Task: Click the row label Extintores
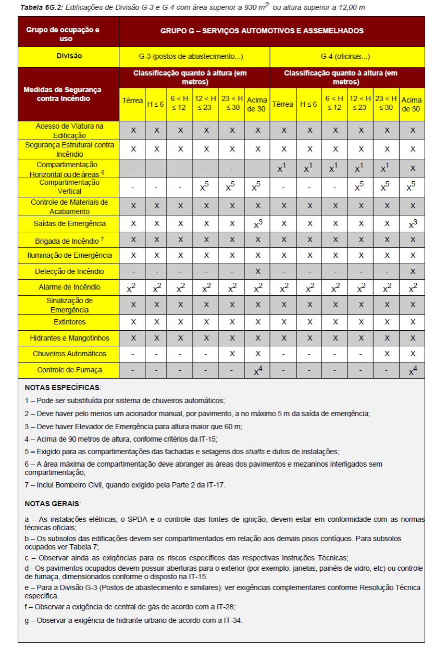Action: point(69,322)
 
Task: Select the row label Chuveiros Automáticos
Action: point(69,354)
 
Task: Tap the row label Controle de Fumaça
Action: point(69,370)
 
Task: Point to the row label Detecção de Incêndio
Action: point(69,271)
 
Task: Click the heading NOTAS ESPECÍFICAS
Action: point(63,387)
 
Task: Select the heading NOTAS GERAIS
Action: point(53,504)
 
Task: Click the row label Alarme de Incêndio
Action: point(69,287)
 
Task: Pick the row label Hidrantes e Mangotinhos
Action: point(69,338)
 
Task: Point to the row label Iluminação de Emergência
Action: point(69,256)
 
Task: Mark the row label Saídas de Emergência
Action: point(69,223)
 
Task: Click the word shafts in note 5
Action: point(256,451)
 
